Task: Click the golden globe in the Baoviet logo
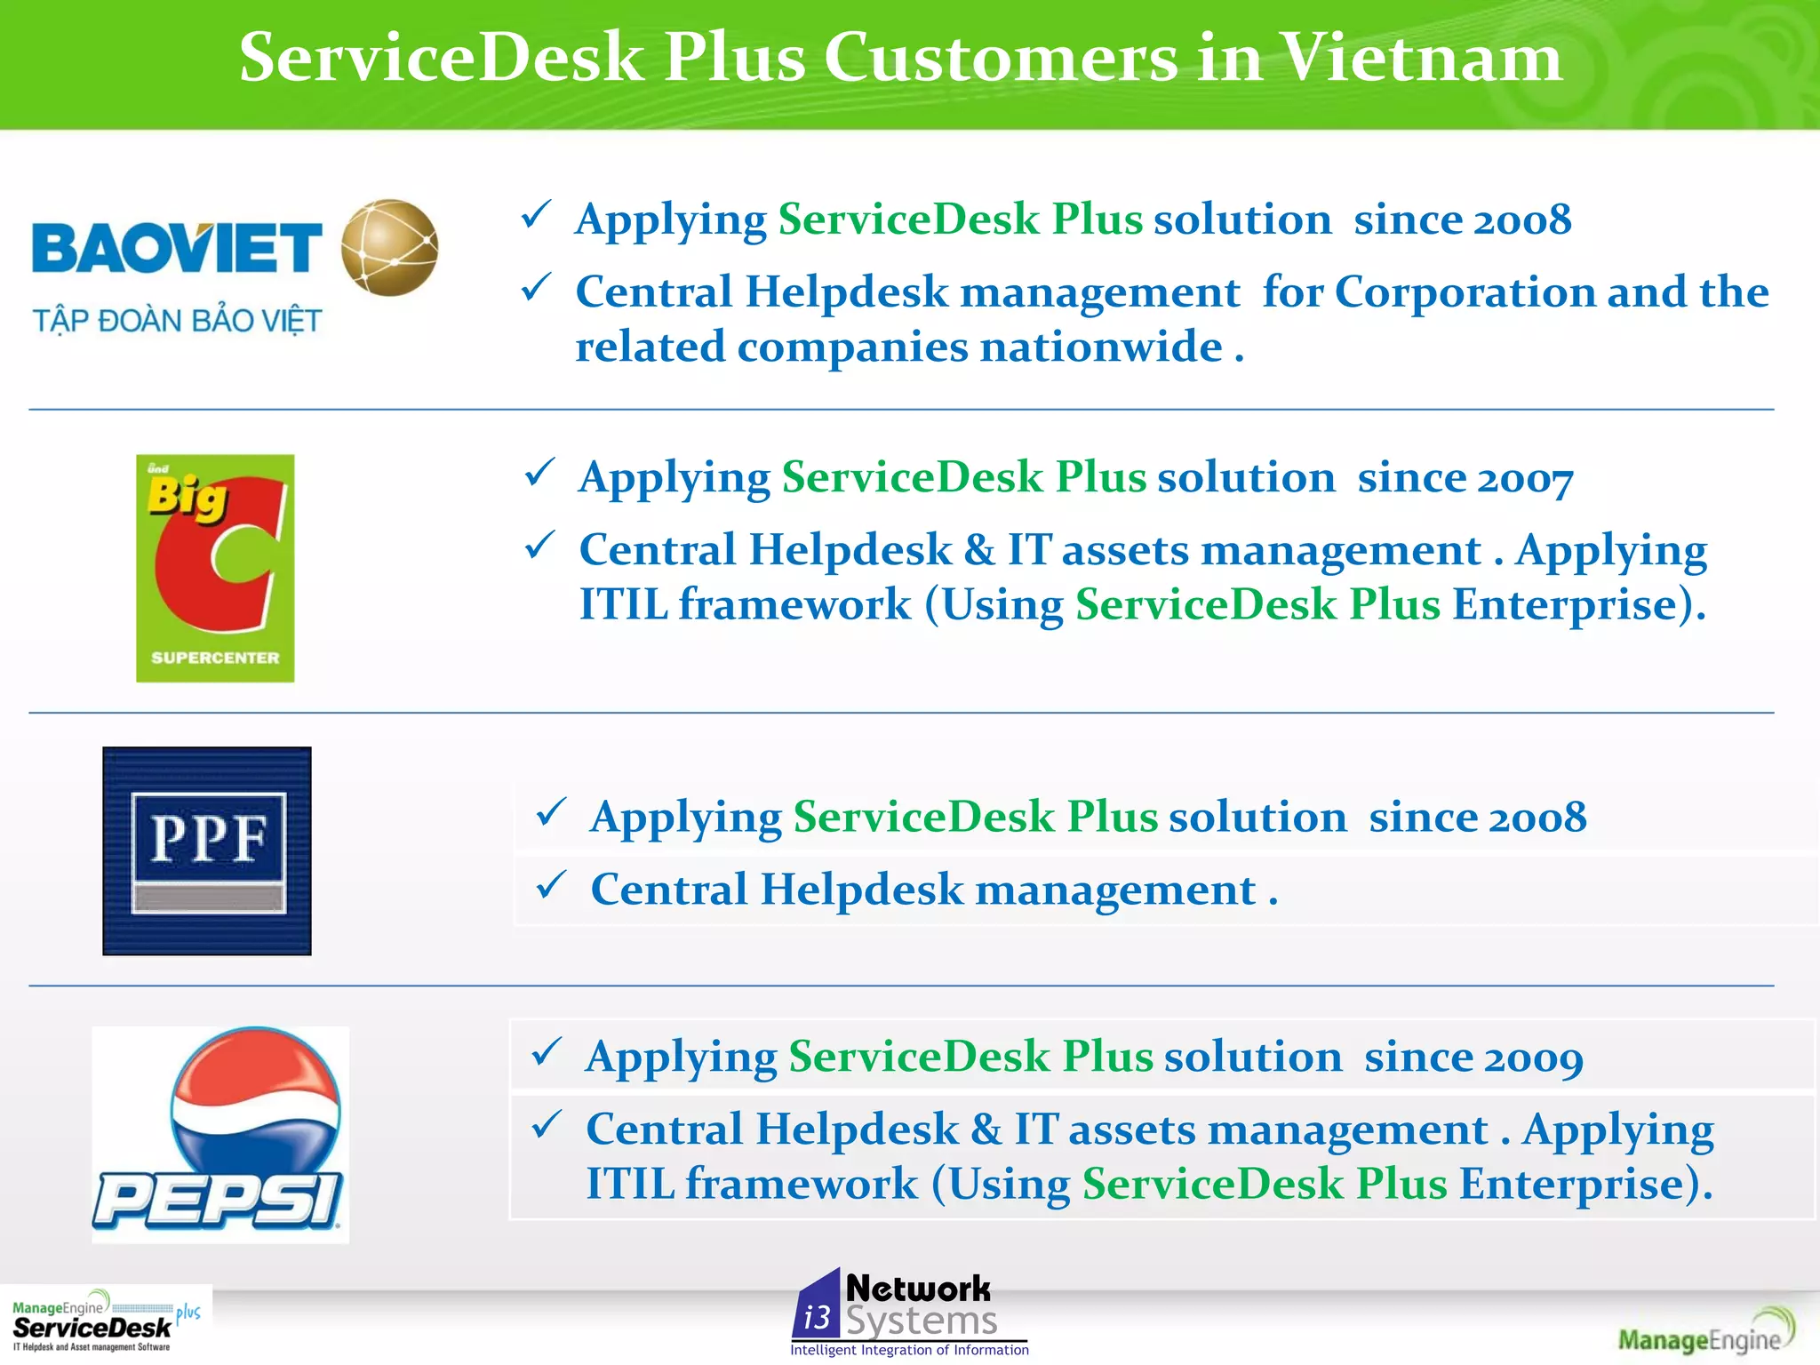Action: click(389, 247)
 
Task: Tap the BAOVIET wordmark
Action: click(176, 248)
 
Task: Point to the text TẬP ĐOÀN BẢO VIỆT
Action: click(177, 321)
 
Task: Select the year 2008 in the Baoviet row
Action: click(1521, 220)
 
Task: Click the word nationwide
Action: click(1100, 347)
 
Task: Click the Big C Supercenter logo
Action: click(215, 569)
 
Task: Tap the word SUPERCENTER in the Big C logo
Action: click(215, 658)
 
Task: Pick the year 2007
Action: click(1524, 479)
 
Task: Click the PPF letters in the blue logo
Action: click(208, 838)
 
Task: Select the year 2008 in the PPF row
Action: click(1536, 818)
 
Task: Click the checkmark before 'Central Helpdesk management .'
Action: click(551, 885)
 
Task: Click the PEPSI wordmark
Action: click(218, 1200)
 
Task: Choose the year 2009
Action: click(1533, 1058)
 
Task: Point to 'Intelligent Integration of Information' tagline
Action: click(909, 1350)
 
